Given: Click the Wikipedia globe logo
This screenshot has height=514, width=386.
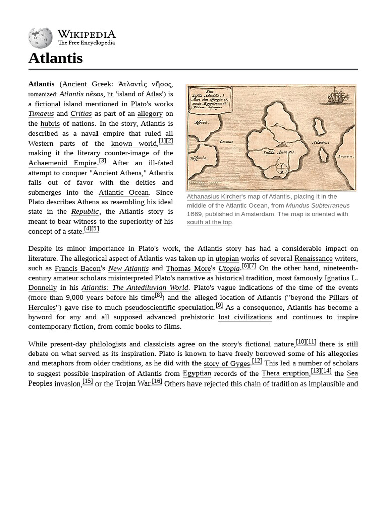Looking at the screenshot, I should point(40,38).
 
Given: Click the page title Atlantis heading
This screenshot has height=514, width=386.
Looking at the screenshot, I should point(55,58).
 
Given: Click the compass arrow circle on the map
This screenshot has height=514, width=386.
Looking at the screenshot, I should point(282,169).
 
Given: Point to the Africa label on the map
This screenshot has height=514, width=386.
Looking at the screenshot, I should point(201,122).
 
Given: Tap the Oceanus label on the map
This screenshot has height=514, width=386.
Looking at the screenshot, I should point(226,142).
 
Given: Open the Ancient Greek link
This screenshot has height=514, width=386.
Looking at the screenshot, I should point(86,84).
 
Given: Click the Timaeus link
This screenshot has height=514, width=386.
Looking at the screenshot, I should point(41,114).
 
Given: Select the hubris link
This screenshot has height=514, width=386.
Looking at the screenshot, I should point(50,123).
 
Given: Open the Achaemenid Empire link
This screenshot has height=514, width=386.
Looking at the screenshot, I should point(62,163).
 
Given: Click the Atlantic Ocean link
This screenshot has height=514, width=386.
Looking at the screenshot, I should point(124,192).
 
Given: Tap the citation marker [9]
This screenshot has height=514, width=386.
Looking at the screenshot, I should point(219,305).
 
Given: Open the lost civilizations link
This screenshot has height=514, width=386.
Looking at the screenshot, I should point(245,317).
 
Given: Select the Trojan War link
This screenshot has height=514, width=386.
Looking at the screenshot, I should point(132,383).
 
